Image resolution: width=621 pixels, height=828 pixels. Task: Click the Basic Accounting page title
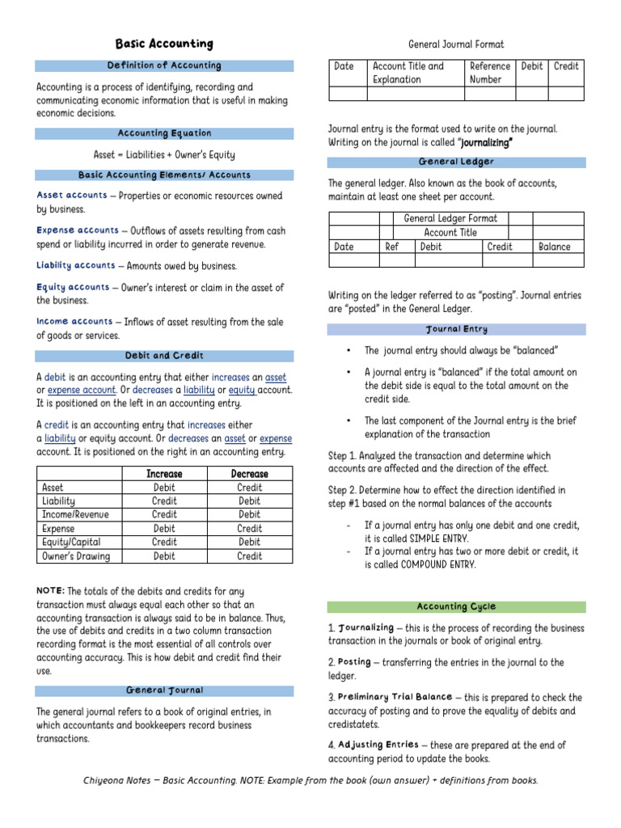pyautogui.click(x=164, y=44)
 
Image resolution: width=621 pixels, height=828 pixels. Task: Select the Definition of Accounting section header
pyautogui.click(x=164, y=65)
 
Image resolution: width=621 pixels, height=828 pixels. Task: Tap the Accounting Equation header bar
pyautogui.click(x=164, y=133)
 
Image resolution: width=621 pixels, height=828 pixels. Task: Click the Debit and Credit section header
pyautogui.click(x=164, y=356)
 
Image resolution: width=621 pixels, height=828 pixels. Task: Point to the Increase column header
pyautogui.click(x=164, y=474)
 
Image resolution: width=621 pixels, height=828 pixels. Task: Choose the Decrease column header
pyautogui.click(x=249, y=474)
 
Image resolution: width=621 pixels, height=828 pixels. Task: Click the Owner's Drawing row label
pyautogui.click(x=75, y=556)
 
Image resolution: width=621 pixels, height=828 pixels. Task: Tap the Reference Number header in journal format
pyautogui.click(x=490, y=73)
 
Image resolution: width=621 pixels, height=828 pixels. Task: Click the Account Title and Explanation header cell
pyautogui.click(x=408, y=73)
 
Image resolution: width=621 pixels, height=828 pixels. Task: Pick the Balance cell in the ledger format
pyautogui.click(x=554, y=247)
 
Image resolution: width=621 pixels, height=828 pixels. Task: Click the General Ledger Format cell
pyautogui.click(x=450, y=218)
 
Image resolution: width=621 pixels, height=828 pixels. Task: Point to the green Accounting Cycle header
pyautogui.click(x=456, y=606)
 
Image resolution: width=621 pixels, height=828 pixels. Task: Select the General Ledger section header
pyautogui.click(x=456, y=163)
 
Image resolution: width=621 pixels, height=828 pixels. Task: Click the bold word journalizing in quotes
pyautogui.click(x=486, y=142)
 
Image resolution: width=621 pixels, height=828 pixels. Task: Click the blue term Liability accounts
pyautogui.click(x=76, y=265)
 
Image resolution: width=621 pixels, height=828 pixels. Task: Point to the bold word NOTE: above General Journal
pyautogui.click(x=50, y=591)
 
